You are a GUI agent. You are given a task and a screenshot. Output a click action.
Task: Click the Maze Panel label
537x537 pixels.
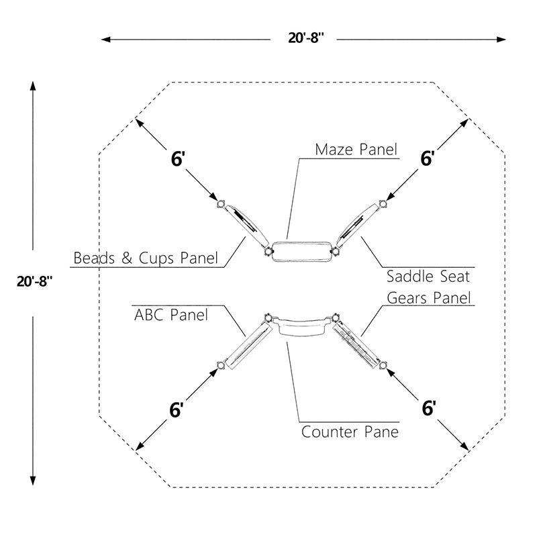pyautogui.click(x=356, y=150)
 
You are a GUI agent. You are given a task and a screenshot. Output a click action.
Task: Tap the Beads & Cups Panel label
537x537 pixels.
pyautogui.click(x=146, y=258)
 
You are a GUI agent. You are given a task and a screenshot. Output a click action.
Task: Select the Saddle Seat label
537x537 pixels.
pyautogui.click(x=428, y=277)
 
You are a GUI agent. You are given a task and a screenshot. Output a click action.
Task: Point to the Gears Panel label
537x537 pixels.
pyautogui.click(x=429, y=297)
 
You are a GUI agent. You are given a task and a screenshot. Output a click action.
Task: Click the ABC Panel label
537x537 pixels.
pyautogui.click(x=171, y=315)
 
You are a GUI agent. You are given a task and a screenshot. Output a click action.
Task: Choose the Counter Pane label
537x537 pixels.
pyautogui.click(x=350, y=432)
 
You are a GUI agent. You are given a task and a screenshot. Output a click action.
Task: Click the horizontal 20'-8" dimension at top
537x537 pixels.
pyautogui.click(x=306, y=38)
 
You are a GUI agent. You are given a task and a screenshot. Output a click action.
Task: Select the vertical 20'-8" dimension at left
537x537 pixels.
pyautogui.click(x=35, y=281)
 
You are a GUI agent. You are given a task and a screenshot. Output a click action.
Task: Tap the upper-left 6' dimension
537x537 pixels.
pyautogui.click(x=178, y=159)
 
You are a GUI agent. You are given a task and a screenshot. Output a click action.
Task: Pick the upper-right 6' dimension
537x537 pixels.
pyautogui.click(x=428, y=158)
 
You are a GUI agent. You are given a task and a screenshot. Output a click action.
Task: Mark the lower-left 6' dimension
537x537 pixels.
pyautogui.click(x=177, y=409)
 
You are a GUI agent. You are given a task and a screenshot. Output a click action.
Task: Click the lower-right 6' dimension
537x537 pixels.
pyautogui.click(x=429, y=408)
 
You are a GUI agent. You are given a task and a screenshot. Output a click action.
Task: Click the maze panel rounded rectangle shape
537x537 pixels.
pyautogui.click(x=302, y=252)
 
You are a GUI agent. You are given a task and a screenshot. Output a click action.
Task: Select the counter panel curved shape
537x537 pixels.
pyautogui.click(x=301, y=326)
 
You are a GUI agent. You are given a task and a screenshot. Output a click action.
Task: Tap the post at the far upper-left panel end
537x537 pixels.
pyautogui.click(x=221, y=204)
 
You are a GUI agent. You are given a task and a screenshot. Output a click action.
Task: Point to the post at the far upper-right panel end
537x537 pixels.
pyautogui.click(x=383, y=204)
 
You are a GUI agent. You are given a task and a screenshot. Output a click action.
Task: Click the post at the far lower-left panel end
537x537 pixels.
pyautogui.click(x=221, y=365)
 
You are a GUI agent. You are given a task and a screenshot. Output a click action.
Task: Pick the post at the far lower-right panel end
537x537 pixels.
pyautogui.click(x=383, y=365)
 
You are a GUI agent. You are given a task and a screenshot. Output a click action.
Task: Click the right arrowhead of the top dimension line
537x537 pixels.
pyautogui.click(x=501, y=40)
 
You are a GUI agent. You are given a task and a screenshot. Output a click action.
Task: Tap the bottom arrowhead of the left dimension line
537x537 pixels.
pyautogui.click(x=33, y=481)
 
